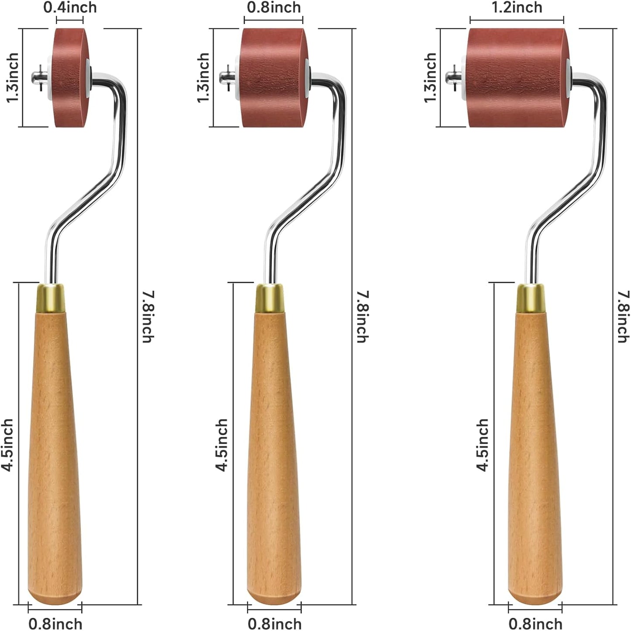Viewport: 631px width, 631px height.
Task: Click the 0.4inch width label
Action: pos(70,7)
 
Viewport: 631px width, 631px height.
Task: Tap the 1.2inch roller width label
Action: pos(517,7)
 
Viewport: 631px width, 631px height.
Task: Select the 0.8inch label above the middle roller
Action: pos(274,7)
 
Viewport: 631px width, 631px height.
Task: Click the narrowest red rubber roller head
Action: pos(70,78)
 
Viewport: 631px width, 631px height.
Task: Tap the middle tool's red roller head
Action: pos(273,78)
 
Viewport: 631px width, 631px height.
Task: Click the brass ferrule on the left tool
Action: pos(51,298)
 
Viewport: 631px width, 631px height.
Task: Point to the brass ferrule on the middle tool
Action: pos(270,298)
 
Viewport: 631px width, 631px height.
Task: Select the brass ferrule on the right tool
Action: pos(531,298)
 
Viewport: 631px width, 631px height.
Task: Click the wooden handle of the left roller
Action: pos(54,459)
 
